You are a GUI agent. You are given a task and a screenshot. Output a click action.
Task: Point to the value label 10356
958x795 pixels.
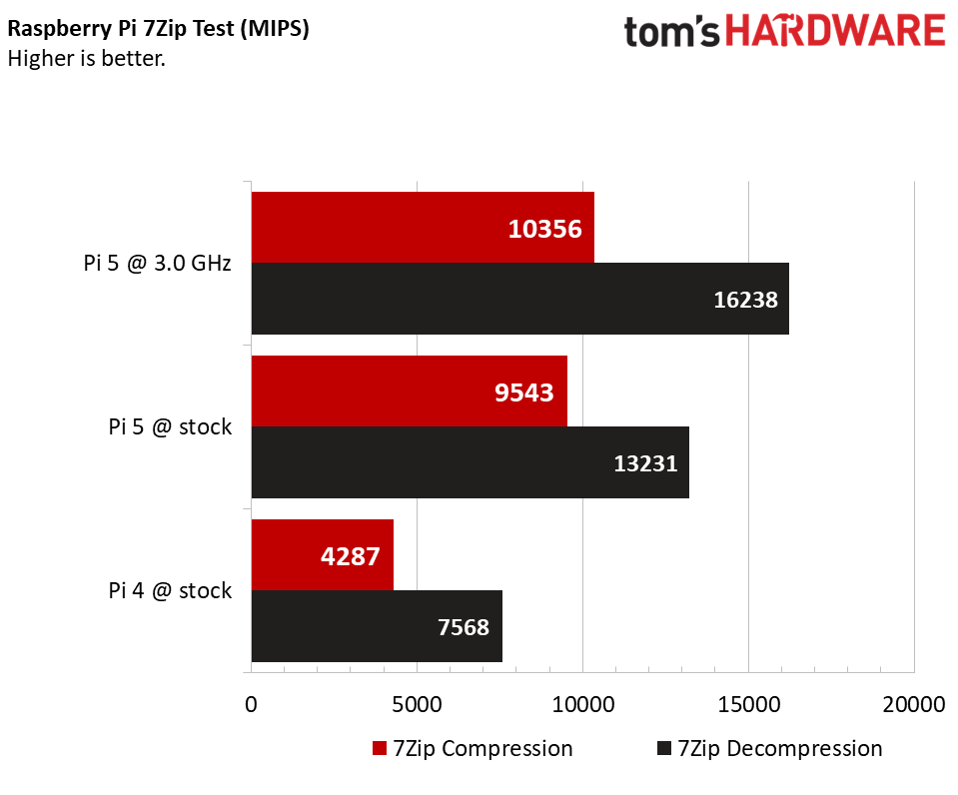[x=544, y=229]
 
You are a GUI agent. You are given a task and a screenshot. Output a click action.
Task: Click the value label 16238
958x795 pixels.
[x=745, y=300]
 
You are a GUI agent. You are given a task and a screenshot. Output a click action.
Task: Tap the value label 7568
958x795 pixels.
[x=464, y=627]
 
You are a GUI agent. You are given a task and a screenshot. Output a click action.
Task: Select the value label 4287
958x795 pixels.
[x=350, y=556]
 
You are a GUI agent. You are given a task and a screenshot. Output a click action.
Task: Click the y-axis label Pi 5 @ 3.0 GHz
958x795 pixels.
[x=157, y=264]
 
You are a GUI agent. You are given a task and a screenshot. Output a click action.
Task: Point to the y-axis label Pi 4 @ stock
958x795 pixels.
[x=170, y=590]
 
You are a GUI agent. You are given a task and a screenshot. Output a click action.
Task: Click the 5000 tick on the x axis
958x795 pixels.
[x=417, y=704]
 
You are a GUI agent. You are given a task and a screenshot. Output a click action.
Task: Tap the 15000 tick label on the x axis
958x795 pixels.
[x=748, y=704]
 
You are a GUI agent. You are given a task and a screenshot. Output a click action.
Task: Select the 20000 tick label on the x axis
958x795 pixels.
[x=912, y=704]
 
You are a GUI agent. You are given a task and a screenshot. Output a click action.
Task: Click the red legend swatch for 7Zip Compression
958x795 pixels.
[x=380, y=749]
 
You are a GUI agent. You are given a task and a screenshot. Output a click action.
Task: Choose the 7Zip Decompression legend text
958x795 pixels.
[x=779, y=749]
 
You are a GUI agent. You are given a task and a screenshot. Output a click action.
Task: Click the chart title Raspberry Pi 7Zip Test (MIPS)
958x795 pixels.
[x=158, y=30]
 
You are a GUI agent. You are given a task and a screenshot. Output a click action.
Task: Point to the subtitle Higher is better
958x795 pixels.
[x=86, y=58]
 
